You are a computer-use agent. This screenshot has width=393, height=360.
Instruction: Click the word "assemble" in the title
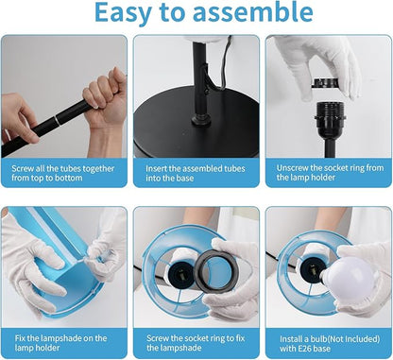point(253,12)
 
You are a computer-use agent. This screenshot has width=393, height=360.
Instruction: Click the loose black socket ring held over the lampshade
point(215,270)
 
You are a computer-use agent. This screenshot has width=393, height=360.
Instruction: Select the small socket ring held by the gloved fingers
point(325,83)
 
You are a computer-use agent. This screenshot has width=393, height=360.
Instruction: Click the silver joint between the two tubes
point(57,121)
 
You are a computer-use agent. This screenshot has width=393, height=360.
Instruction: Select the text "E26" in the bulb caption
point(304,349)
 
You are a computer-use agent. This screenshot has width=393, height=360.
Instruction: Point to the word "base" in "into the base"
point(185,179)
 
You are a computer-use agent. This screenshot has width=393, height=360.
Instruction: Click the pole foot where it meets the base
point(201,119)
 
